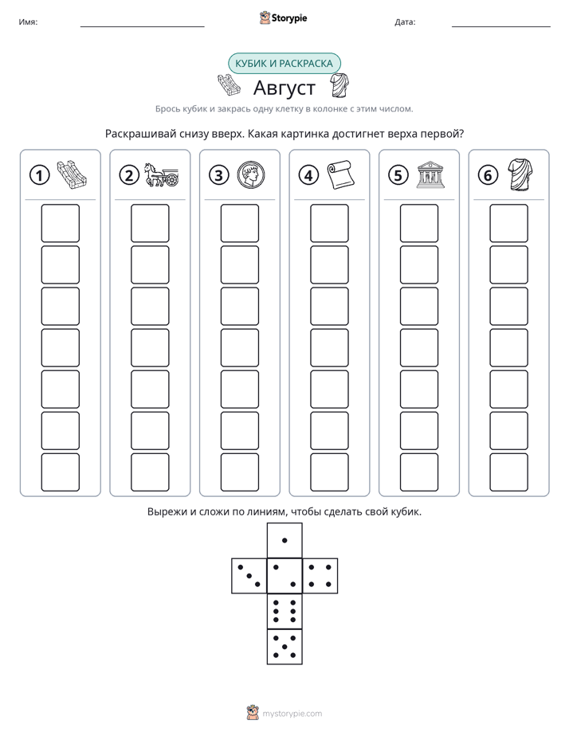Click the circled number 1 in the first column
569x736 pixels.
[x=39, y=175]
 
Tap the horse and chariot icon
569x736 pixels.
[x=161, y=174]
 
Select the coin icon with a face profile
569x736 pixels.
[x=251, y=174]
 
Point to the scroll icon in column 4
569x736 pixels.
[x=340, y=174]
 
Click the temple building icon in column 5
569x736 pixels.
[x=430, y=175]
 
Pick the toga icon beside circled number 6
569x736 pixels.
[x=520, y=174]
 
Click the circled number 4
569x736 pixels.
[x=308, y=175]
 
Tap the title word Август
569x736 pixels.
[x=284, y=88]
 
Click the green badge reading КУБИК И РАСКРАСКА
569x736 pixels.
[x=284, y=64]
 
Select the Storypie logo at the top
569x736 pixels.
[x=283, y=18]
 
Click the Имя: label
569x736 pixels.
[x=28, y=22]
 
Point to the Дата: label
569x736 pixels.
[x=405, y=22]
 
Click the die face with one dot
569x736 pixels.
[x=284, y=540]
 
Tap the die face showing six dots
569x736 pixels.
[x=284, y=611]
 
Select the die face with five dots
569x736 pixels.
[x=284, y=646]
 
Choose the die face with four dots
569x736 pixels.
[x=320, y=576]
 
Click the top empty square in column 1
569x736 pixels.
[x=61, y=223]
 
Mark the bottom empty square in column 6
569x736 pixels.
[x=509, y=472]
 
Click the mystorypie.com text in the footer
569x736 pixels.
[x=292, y=714]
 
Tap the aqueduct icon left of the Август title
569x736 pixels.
[x=230, y=85]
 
